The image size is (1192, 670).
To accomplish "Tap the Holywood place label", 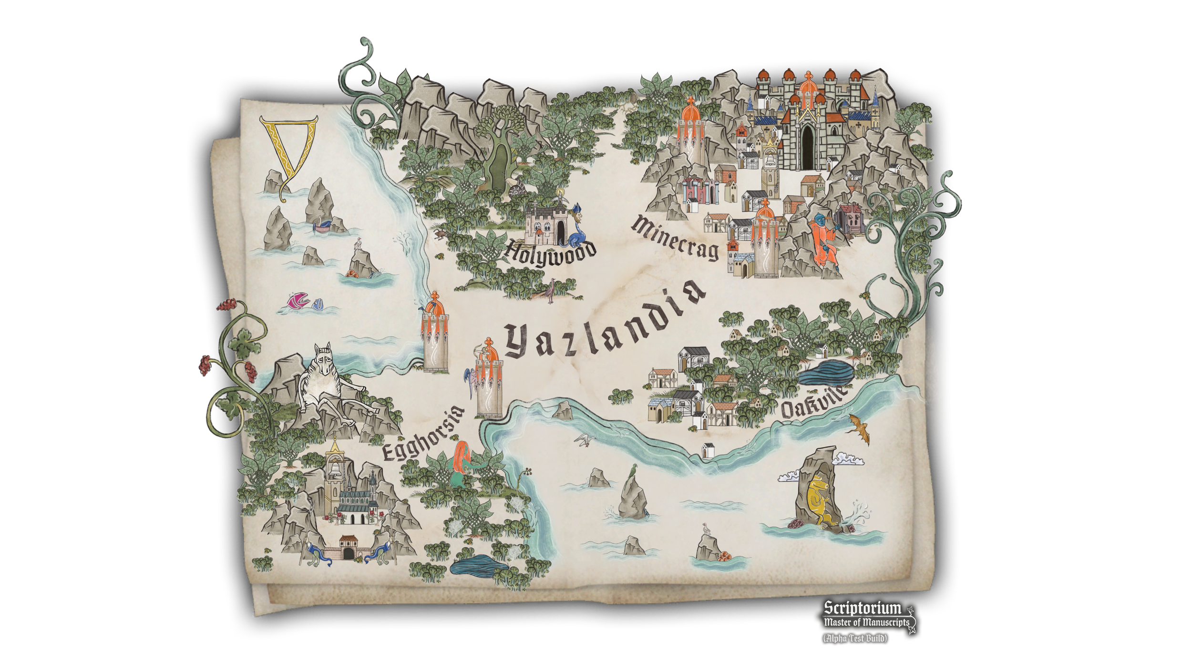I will [551, 253].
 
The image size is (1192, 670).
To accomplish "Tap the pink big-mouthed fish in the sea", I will [299, 302].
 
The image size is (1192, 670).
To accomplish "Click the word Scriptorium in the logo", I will [863, 609].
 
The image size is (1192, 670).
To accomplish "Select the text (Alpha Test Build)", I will [855, 638].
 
